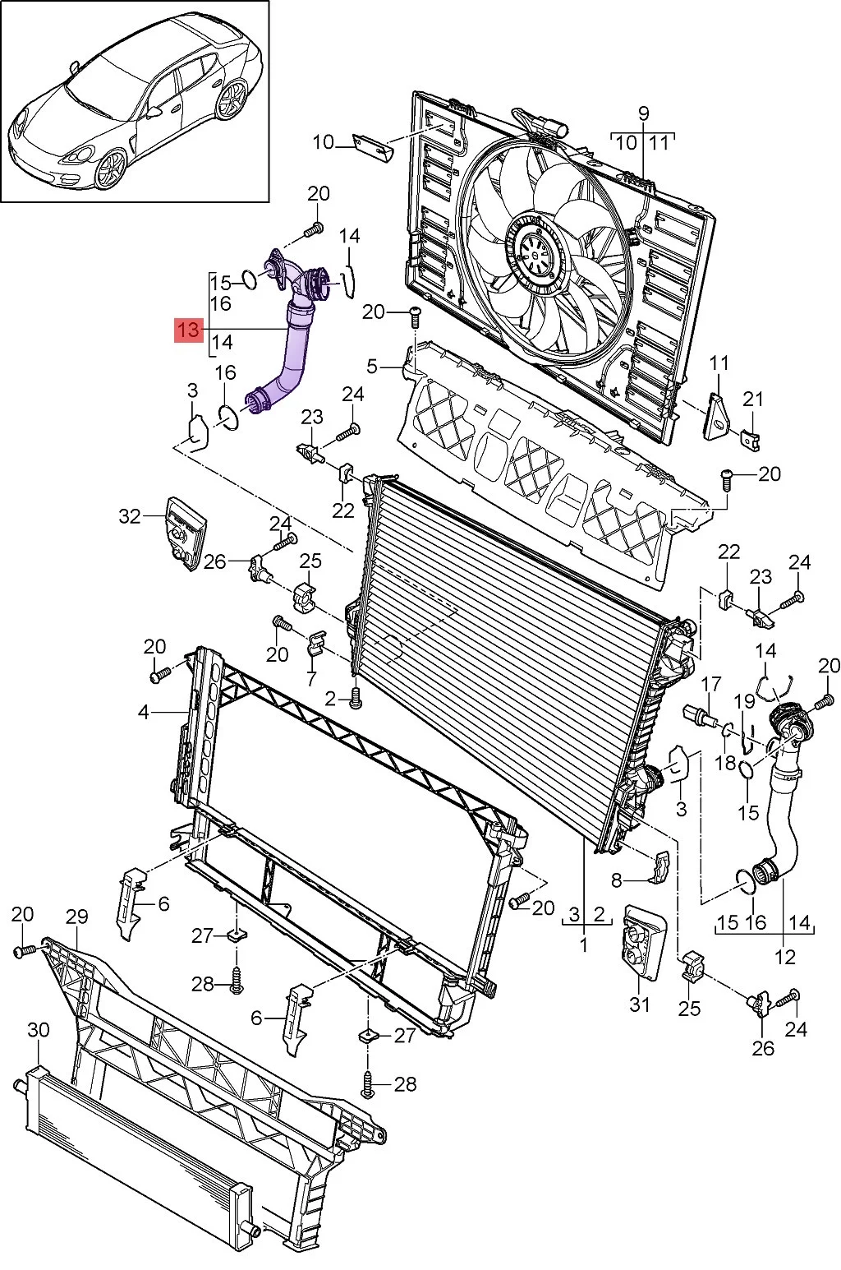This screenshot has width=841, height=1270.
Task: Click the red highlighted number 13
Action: pos(187,330)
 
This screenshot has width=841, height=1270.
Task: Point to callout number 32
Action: pos(130,516)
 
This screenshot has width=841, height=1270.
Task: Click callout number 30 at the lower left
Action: pos(38,1030)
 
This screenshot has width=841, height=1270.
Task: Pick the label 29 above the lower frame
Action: pos(76,916)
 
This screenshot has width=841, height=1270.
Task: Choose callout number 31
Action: pos(640,1004)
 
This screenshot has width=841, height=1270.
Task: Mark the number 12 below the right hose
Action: pos(785,957)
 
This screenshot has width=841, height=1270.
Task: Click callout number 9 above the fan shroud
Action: pos(642,113)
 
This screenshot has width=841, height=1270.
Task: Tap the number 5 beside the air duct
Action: pos(372,365)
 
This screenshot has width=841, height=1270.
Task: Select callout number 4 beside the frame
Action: pos(144,712)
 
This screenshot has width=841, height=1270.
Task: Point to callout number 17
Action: pos(711,683)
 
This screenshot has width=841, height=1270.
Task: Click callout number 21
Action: pos(753,399)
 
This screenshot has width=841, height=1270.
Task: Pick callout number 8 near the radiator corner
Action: pos(617,881)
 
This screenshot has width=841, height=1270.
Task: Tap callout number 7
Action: pos(311,679)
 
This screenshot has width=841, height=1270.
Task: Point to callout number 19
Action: pos(744,701)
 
